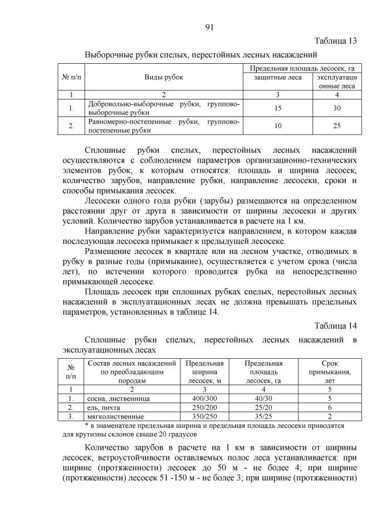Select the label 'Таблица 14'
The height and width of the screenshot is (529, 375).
(335, 325)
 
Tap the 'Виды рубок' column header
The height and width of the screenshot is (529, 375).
(163, 77)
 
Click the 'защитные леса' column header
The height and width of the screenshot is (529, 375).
(277, 77)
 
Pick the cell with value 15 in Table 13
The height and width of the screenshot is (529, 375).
(277, 108)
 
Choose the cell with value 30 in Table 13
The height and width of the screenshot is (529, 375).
(337, 108)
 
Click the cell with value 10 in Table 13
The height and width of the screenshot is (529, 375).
(277, 125)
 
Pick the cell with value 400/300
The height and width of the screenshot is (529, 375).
(204, 398)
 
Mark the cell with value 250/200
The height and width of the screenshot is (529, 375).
(204, 407)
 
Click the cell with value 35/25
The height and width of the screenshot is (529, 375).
(264, 416)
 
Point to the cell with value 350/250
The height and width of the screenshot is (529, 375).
(204, 416)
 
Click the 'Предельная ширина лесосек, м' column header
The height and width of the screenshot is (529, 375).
(204, 372)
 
